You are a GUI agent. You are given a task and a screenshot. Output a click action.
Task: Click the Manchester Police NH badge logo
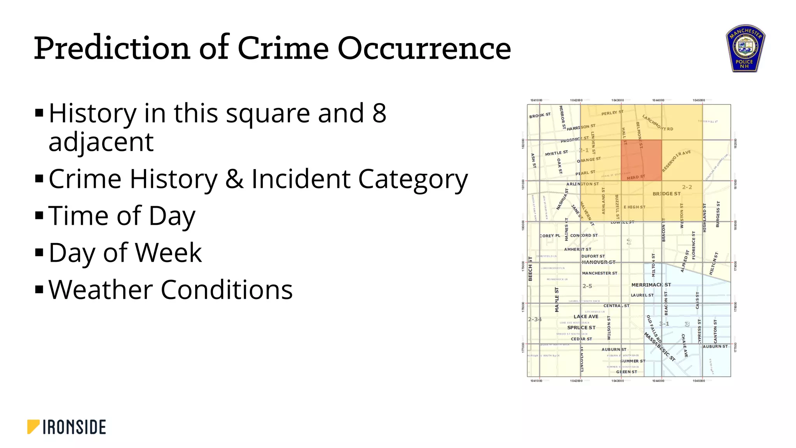click(745, 49)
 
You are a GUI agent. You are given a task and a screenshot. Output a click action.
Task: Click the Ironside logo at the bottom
click(66, 427)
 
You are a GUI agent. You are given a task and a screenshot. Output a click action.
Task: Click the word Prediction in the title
click(112, 48)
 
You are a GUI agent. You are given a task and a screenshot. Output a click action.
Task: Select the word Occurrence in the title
click(424, 48)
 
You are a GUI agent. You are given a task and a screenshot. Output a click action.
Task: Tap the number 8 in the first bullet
click(379, 113)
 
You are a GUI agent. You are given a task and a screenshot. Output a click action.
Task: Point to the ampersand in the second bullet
click(234, 179)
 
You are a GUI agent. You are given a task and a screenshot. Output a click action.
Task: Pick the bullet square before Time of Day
click(39, 215)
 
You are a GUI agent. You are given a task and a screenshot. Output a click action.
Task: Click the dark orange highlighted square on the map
click(641, 160)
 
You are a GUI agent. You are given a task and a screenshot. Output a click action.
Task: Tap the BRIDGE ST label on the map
click(667, 194)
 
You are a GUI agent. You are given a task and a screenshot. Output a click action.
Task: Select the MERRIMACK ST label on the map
click(651, 285)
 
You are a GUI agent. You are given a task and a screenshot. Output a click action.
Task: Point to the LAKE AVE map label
click(586, 317)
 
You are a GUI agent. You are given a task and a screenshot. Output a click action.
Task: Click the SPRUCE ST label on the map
click(581, 328)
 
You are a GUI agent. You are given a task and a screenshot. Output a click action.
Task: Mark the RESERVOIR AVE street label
click(676, 161)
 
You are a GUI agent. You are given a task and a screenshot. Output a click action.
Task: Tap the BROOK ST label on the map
click(540, 115)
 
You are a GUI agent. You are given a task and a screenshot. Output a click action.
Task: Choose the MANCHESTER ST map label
click(599, 273)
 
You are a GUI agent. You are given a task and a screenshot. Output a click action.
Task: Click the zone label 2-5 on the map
click(587, 286)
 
